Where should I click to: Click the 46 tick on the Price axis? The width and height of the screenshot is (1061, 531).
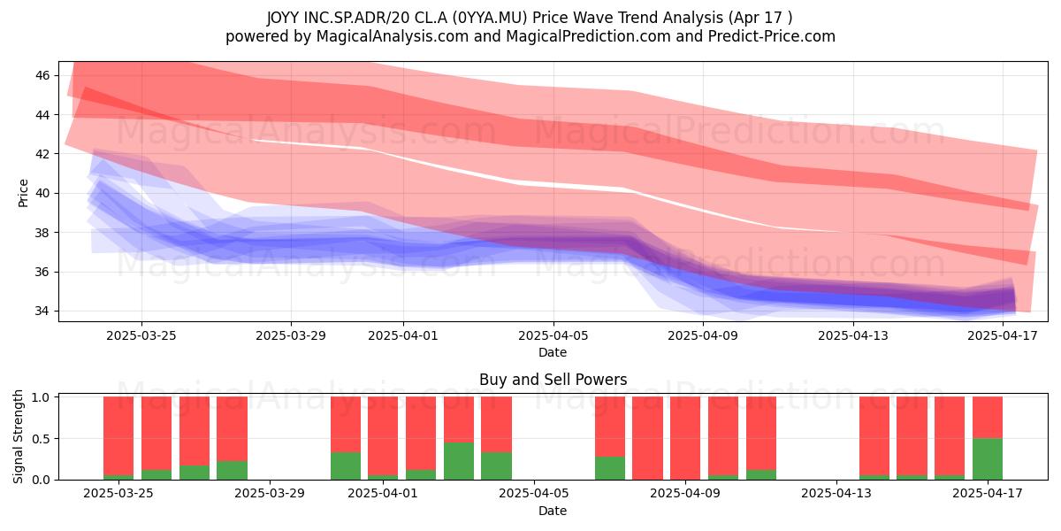tap(42, 75)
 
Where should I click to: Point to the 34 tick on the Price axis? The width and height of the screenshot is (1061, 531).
tap(42, 312)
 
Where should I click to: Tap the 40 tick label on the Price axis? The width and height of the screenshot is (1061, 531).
tap(42, 194)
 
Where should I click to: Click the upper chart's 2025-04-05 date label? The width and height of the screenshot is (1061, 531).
tap(553, 335)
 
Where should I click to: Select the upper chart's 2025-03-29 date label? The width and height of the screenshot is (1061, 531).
tap(291, 335)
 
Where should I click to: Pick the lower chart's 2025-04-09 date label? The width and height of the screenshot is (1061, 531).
tap(685, 494)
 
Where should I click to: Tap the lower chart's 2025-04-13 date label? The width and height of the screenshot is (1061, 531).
tap(836, 494)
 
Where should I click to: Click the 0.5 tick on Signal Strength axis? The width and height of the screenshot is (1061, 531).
tap(41, 439)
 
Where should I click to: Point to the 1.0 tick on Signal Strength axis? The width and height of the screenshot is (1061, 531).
tap(41, 397)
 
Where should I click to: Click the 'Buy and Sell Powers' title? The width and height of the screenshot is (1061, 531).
tap(553, 380)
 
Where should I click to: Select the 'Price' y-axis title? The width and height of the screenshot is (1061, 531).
tap(23, 193)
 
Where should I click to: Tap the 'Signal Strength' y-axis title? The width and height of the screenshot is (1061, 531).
tap(18, 436)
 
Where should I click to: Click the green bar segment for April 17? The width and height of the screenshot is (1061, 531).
tap(988, 459)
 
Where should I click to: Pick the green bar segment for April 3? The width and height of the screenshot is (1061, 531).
tap(459, 461)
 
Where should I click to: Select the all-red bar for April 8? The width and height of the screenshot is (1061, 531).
tap(647, 438)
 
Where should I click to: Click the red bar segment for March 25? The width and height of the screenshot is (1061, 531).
tap(118, 435)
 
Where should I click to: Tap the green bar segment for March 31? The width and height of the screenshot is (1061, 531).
tap(346, 466)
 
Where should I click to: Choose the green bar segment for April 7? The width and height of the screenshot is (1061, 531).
tap(610, 468)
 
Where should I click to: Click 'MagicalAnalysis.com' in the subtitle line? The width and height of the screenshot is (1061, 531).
tap(393, 36)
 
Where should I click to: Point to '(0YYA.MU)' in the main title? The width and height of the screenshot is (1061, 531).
tap(490, 18)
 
